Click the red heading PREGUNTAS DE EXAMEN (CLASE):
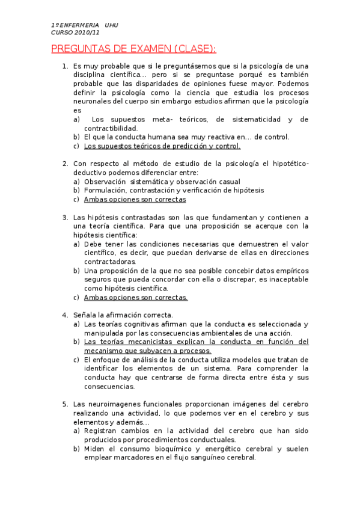click(133, 49)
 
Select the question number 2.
click(65, 164)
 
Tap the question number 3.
click(65, 217)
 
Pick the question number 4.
click(65, 315)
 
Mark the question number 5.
click(65, 404)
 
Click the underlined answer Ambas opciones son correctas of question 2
click(135, 199)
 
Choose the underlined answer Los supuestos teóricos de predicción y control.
click(162, 146)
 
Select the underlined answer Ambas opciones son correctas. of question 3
click(136, 297)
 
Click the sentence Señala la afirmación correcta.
click(123, 315)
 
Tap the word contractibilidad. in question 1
click(111, 128)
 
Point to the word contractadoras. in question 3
click(111, 262)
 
